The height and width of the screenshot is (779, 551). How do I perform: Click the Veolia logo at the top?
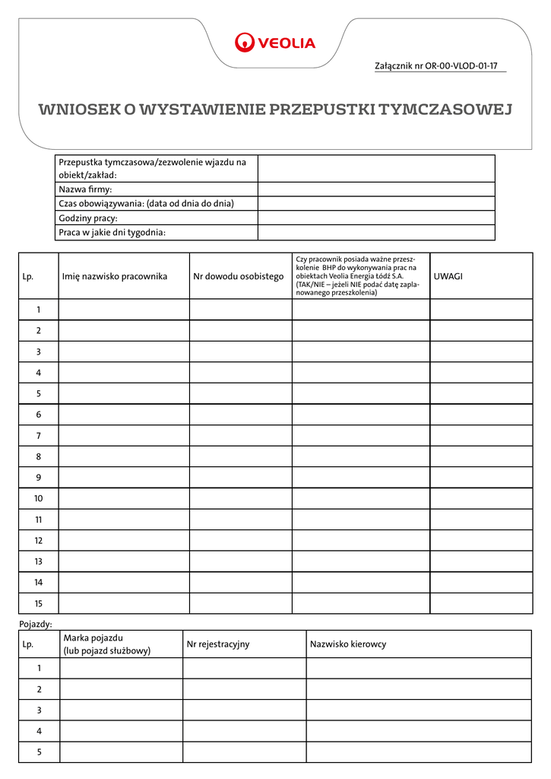(x=275, y=43)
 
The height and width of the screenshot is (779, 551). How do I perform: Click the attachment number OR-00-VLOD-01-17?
(x=436, y=66)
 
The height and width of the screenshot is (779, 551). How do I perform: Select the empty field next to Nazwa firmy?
(x=376, y=189)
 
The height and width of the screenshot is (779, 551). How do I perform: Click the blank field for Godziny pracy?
(x=376, y=218)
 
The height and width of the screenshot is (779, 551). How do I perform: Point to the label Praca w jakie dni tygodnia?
(x=112, y=233)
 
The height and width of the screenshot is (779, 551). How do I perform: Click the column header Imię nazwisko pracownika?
(x=115, y=276)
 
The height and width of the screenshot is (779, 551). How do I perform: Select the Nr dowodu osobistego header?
(x=239, y=276)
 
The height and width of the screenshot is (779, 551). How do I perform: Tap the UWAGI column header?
(x=448, y=276)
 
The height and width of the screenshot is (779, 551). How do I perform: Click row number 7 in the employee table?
(x=38, y=436)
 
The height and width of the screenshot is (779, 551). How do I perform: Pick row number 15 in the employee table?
(x=38, y=603)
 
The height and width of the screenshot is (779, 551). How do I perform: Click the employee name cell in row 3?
(x=124, y=351)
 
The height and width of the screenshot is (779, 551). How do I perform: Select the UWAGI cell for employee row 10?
(x=481, y=498)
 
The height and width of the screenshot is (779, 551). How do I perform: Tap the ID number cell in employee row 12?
(x=240, y=540)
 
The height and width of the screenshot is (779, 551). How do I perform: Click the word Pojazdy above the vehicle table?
(x=35, y=624)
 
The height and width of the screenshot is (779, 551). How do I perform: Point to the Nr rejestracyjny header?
(x=218, y=644)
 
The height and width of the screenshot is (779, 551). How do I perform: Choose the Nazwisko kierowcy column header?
(x=348, y=644)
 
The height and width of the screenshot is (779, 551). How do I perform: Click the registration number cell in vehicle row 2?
(x=244, y=689)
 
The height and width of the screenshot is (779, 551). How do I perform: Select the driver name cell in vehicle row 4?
(x=419, y=731)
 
